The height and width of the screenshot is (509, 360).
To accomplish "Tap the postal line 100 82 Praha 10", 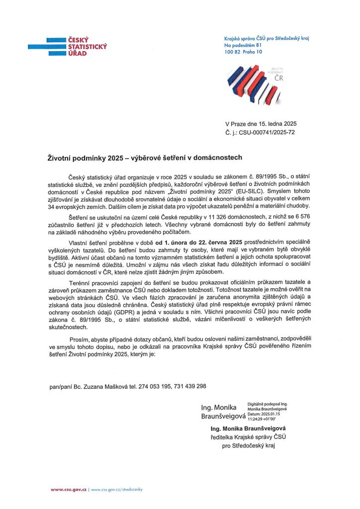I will [x=243, y=52].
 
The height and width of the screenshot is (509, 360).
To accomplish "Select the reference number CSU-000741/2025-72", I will [x=269, y=133].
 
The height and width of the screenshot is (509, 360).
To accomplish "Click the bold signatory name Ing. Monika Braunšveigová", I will [x=248, y=428].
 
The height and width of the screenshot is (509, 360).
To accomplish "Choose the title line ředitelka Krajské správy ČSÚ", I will [x=249, y=437].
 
